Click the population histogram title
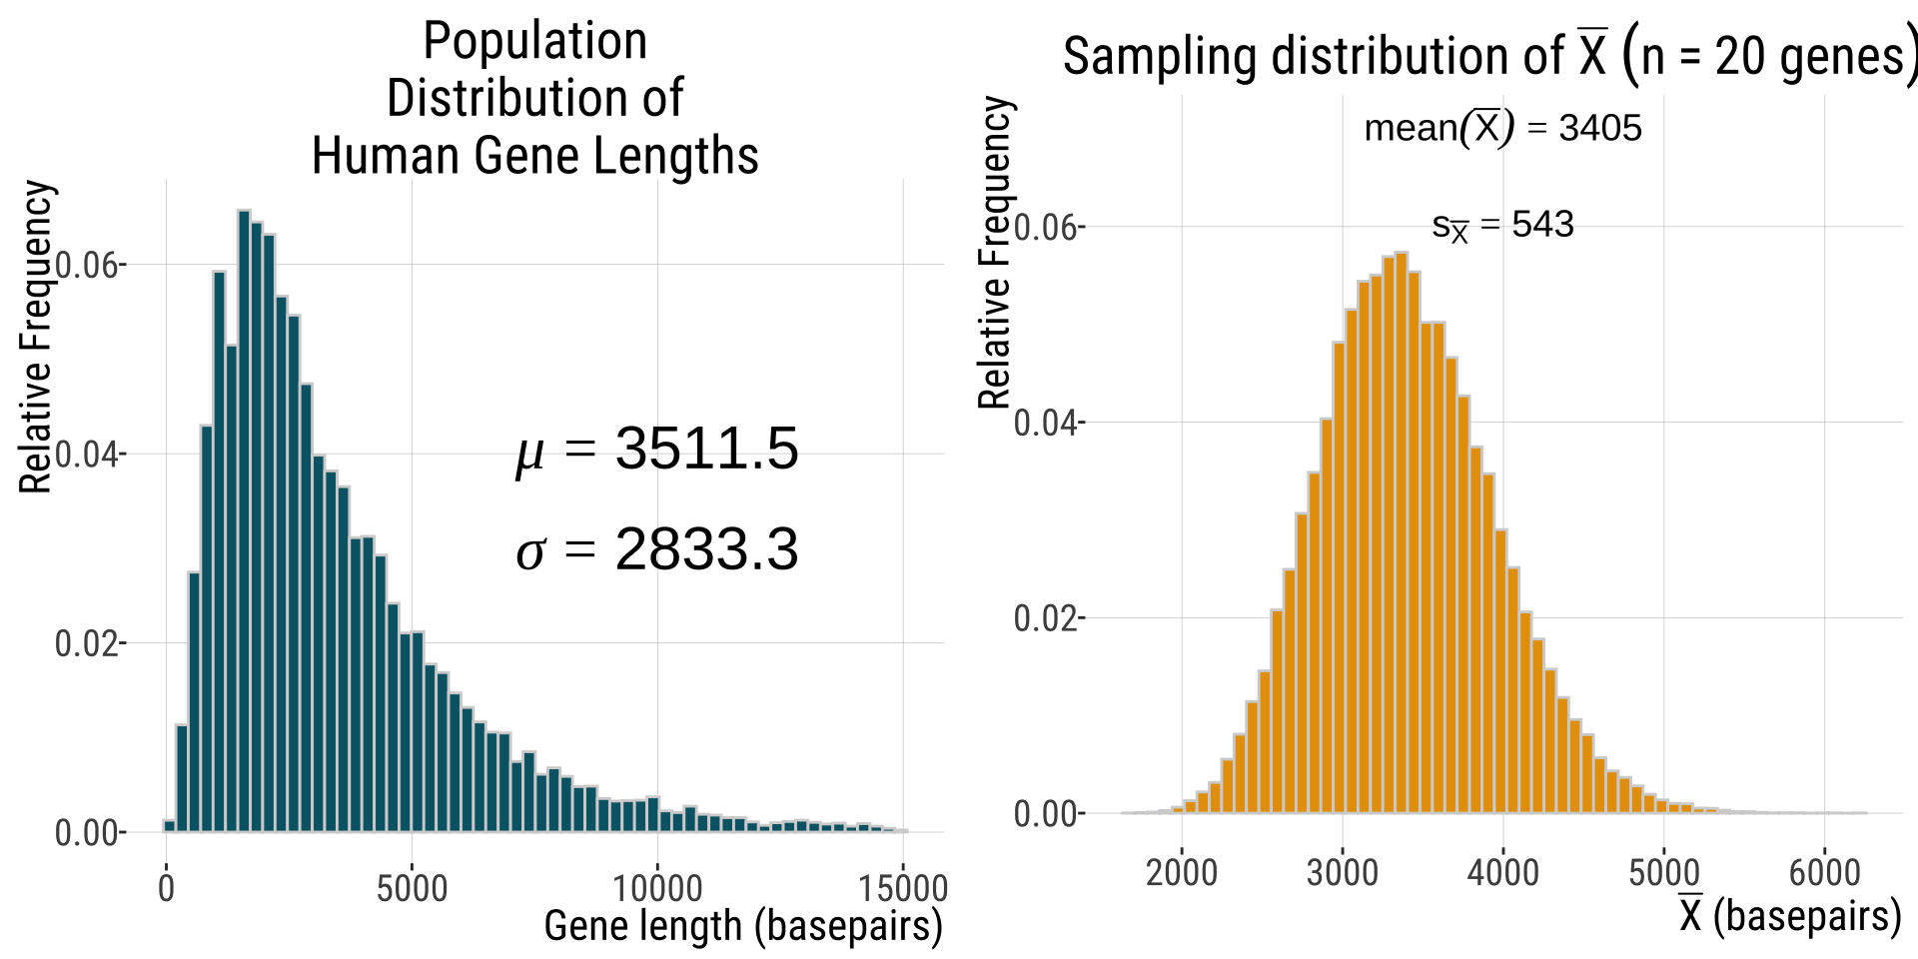coord(535,98)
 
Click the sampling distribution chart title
coord(1488,56)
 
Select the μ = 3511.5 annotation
coord(657,449)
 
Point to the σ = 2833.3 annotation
coord(657,550)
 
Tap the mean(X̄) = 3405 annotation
coord(1502,128)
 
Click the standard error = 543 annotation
coord(1502,226)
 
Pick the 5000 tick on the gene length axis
coord(412,887)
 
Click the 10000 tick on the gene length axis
coord(657,887)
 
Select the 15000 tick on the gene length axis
coord(903,887)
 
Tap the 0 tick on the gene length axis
coord(166,887)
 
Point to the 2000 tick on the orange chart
coord(1182,872)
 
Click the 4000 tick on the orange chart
coord(1502,872)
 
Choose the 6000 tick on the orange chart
coord(1824,872)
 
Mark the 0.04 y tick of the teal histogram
coord(88,455)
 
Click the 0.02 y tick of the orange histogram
coord(1046,618)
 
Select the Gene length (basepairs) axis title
coord(743,926)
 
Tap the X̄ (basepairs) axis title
coord(1789,915)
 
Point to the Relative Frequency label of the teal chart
coord(36,338)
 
